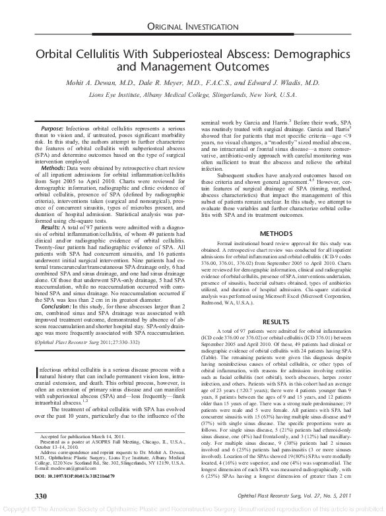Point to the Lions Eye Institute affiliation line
193,96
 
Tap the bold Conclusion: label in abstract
57,306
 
